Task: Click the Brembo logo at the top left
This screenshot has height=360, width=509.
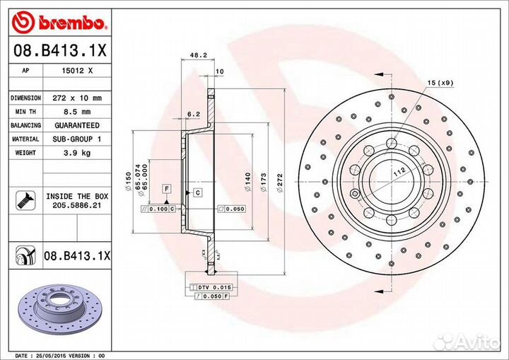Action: point(60,23)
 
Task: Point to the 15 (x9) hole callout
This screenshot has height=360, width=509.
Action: point(440,83)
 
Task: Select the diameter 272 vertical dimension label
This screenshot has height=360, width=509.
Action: point(280,186)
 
